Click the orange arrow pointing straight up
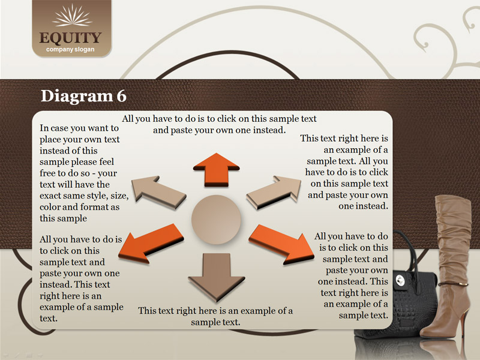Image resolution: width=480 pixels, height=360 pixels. point(217,169)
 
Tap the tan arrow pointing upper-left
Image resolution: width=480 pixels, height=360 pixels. point(158,191)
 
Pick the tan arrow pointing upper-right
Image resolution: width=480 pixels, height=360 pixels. point(274,192)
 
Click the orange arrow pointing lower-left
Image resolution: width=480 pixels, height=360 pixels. point(151,244)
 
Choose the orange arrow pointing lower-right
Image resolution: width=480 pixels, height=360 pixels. point(281,244)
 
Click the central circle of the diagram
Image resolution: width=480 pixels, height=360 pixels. point(216,219)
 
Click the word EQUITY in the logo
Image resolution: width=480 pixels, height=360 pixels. point(70,38)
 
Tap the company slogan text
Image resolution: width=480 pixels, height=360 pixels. point(70,49)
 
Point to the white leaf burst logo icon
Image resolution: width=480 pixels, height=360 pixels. point(72,16)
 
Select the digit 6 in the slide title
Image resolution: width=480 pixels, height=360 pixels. point(121,96)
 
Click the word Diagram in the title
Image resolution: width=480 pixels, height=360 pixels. point(77,97)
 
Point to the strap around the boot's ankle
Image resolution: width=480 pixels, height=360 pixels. point(453,284)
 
